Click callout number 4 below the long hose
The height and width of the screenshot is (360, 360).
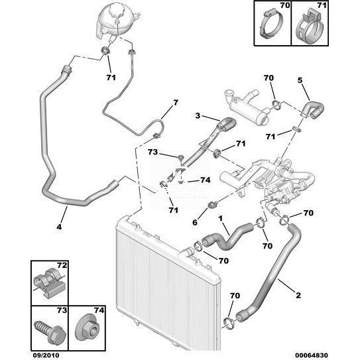[x=59, y=227]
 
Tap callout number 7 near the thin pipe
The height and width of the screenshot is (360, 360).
[x=176, y=103]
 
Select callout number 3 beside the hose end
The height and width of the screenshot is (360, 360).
[x=198, y=116]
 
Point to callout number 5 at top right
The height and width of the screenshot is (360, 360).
[x=300, y=80]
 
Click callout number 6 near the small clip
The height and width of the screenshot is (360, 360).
[x=195, y=222]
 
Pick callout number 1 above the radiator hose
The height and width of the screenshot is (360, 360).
[x=220, y=218]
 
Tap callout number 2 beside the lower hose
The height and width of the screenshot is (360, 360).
[x=298, y=295]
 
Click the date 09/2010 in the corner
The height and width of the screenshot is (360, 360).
[x=46, y=355]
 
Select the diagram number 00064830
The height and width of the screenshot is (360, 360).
[x=312, y=355]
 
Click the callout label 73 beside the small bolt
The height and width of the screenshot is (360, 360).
[x=152, y=152]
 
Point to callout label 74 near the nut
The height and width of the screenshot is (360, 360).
[x=206, y=180]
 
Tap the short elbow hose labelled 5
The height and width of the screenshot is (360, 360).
[x=313, y=110]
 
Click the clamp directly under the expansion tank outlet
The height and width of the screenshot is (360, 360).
[x=105, y=50]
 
